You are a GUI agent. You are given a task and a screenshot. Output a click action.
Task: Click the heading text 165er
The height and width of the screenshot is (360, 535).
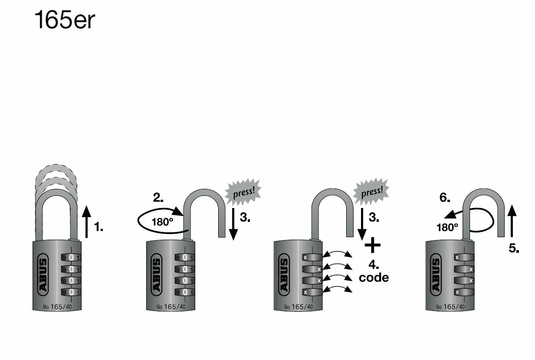65,20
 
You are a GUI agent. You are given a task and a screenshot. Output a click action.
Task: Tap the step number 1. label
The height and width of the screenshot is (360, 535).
98,227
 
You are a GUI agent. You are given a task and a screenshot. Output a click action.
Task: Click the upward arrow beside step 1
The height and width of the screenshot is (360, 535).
86,221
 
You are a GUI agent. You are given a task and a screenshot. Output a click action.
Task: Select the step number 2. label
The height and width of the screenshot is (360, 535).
158,198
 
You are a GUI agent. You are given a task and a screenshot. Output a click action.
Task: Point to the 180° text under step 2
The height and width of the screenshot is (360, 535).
162,222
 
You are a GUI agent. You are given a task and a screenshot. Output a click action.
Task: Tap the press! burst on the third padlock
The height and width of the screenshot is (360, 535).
371,192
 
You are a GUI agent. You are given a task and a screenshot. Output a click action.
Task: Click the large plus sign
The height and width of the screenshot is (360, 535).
373,245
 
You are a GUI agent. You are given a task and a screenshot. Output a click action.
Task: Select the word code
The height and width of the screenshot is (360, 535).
374,278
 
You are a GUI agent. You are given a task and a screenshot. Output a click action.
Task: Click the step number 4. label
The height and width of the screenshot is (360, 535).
374,264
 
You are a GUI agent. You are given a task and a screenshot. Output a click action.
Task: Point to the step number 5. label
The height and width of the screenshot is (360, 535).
514,248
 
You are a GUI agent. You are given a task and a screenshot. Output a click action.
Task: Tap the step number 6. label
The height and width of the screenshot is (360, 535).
445,198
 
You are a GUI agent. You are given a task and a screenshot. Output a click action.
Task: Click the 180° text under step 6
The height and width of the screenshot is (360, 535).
447,227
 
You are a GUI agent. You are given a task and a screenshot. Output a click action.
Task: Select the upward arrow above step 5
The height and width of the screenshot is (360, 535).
512,221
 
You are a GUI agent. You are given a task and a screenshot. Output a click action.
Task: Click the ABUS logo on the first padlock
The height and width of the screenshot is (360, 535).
43,274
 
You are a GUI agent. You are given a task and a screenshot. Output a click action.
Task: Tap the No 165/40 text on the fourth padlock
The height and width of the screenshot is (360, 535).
450,307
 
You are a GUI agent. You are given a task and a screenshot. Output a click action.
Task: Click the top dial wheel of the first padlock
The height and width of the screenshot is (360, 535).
71,258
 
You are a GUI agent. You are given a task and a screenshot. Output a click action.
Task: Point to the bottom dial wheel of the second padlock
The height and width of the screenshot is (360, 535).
185,292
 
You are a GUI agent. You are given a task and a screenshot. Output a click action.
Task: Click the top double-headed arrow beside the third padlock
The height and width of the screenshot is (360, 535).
337,254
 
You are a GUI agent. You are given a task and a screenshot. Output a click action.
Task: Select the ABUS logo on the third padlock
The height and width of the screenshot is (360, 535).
284,274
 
